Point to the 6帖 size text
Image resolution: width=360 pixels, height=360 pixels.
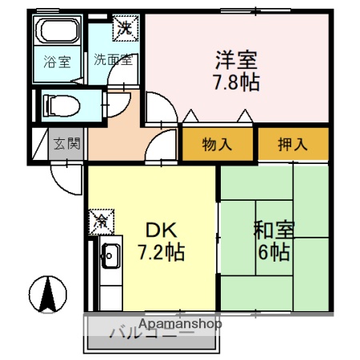pos(274,254)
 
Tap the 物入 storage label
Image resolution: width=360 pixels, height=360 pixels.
pos(218,145)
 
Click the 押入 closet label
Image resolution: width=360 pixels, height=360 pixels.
pos(292,145)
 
